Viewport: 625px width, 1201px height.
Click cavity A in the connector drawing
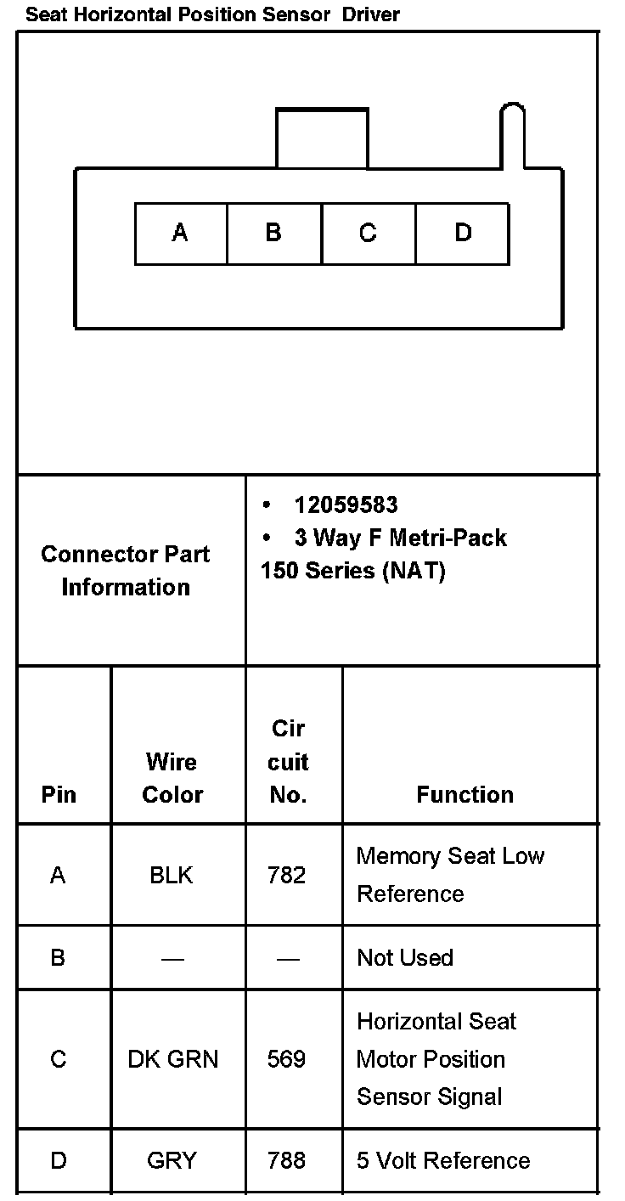180,234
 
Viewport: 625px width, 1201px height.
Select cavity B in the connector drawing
273,234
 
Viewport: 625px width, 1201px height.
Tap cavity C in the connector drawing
368,234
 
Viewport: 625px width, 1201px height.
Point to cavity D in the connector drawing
463,234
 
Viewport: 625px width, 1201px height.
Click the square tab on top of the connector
322,138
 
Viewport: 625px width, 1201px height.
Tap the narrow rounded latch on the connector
512,136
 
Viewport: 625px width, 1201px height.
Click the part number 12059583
346,505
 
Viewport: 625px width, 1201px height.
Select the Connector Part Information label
126,570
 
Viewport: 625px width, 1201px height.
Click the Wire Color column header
172,777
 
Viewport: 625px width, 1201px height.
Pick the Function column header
465,794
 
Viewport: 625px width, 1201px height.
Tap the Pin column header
59,794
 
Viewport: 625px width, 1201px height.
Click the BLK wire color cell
172,875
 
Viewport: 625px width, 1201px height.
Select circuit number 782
286,875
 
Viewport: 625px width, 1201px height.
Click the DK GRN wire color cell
173,1059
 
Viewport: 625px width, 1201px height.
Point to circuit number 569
286,1059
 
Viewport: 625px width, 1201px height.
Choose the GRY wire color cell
172,1160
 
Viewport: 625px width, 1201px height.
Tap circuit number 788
286,1160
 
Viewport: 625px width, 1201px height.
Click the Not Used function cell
405,957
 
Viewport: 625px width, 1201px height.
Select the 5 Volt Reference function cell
443,1160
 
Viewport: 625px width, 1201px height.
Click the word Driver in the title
371,14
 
